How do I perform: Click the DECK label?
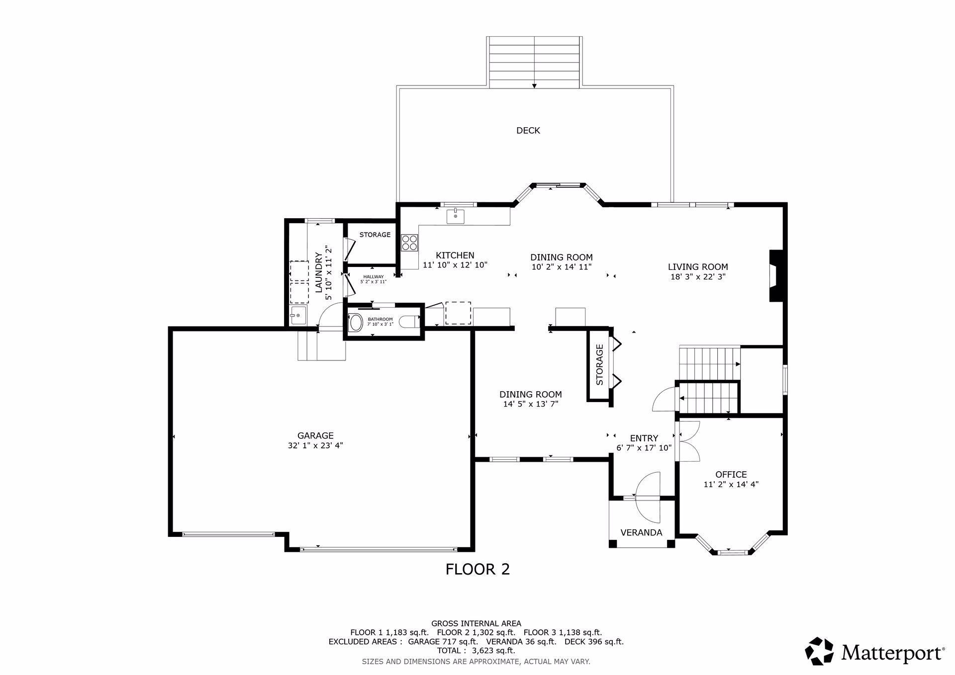pos(528,130)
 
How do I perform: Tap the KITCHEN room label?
pos(455,255)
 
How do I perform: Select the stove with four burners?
pos(410,243)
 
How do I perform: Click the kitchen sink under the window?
pos(455,217)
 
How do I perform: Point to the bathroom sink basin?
pos(356,322)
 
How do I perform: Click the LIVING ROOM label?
pos(698,267)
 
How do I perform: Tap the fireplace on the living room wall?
pos(776,276)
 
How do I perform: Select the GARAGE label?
pos(315,436)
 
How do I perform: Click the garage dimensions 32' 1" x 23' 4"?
pos(315,446)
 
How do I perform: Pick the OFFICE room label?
pos(731,474)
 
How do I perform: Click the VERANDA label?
pos(641,533)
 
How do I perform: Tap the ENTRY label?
pos(644,438)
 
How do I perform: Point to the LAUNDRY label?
pos(318,272)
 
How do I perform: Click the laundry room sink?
pos(298,316)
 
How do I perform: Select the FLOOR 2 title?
pos(477,569)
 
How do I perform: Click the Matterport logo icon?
pos(819,651)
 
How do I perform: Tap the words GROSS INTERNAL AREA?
pos(476,623)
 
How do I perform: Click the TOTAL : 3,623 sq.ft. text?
pos(476,650)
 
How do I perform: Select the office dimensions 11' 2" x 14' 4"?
pos(731,484)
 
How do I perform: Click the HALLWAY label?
pos(374,277)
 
